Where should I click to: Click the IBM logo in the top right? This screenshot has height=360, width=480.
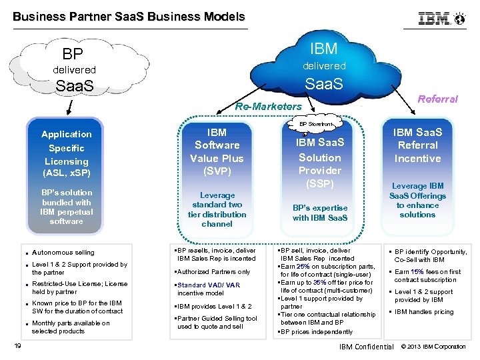[441, 19]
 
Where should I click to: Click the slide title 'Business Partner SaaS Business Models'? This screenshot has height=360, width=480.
[129, 17]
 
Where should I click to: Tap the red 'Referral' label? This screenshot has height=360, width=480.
[437, 99]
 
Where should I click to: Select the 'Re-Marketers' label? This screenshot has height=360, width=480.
[269, 107]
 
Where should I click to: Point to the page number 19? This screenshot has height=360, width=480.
[18, 345]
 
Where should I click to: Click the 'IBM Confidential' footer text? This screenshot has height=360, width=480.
[366, 347]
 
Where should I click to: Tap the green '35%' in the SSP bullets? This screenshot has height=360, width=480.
[319, 283]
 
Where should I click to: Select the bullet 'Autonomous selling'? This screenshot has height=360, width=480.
[63, 253]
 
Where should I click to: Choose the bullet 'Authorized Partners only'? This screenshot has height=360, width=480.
[214, 272]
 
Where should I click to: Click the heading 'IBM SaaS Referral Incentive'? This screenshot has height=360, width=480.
[417, 145]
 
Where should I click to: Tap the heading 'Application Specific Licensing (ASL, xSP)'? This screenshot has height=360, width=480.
[66, 154]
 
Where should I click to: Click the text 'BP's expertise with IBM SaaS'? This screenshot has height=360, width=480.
[320, 213]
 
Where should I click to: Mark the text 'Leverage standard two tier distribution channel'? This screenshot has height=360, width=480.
[217, 210]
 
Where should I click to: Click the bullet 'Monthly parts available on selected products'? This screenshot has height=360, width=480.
[71, 327]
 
